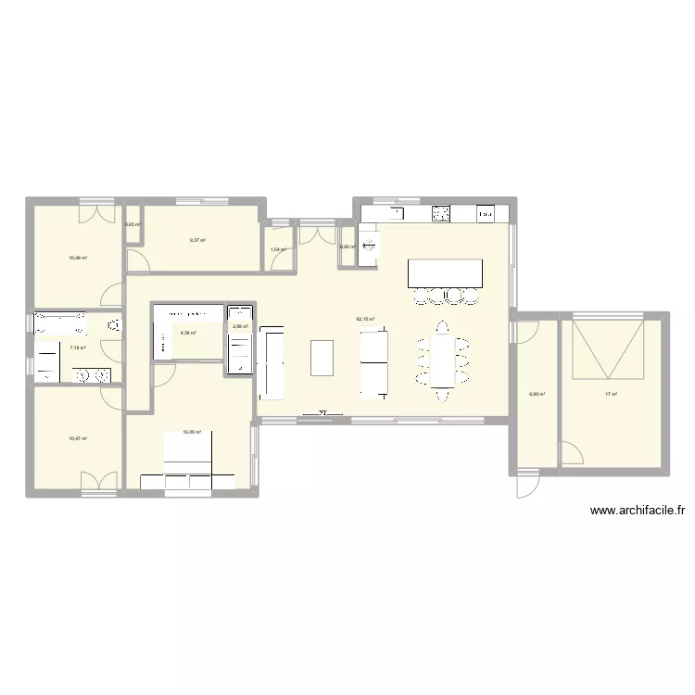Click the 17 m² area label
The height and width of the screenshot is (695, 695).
click(x=611, y=395)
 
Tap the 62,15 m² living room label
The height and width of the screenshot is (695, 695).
click(x=365, y=320)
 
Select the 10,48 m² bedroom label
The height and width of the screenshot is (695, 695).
click(x=77, y=259)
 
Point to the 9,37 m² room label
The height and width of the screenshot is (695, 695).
click(x=197, y=240)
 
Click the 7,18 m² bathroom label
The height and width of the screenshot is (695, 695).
click(x=78, y=348)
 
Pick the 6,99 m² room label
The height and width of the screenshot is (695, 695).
click(x=537, y=395)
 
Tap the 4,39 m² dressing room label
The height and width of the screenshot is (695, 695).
click(x=188, y=334)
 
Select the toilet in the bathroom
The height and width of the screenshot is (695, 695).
click(x=113, y=326)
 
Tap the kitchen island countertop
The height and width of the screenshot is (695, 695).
click(x=445, y=273)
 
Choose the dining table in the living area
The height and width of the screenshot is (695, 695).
click(x=443, y=361)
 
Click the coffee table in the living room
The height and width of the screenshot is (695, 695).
click(x=322, y=358)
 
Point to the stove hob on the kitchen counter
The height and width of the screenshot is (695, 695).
click(x=440, y=215)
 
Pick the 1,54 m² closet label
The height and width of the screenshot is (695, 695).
click(x=277, y=249)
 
